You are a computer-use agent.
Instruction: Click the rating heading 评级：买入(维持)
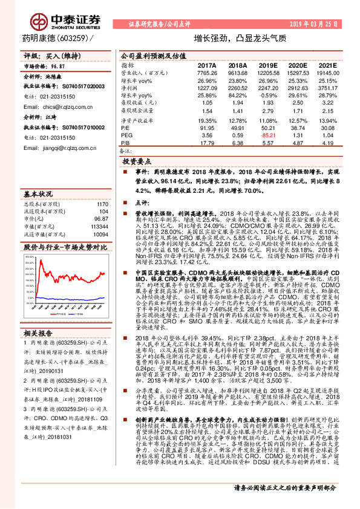point(51,55)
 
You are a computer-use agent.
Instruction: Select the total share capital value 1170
point(102,204)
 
